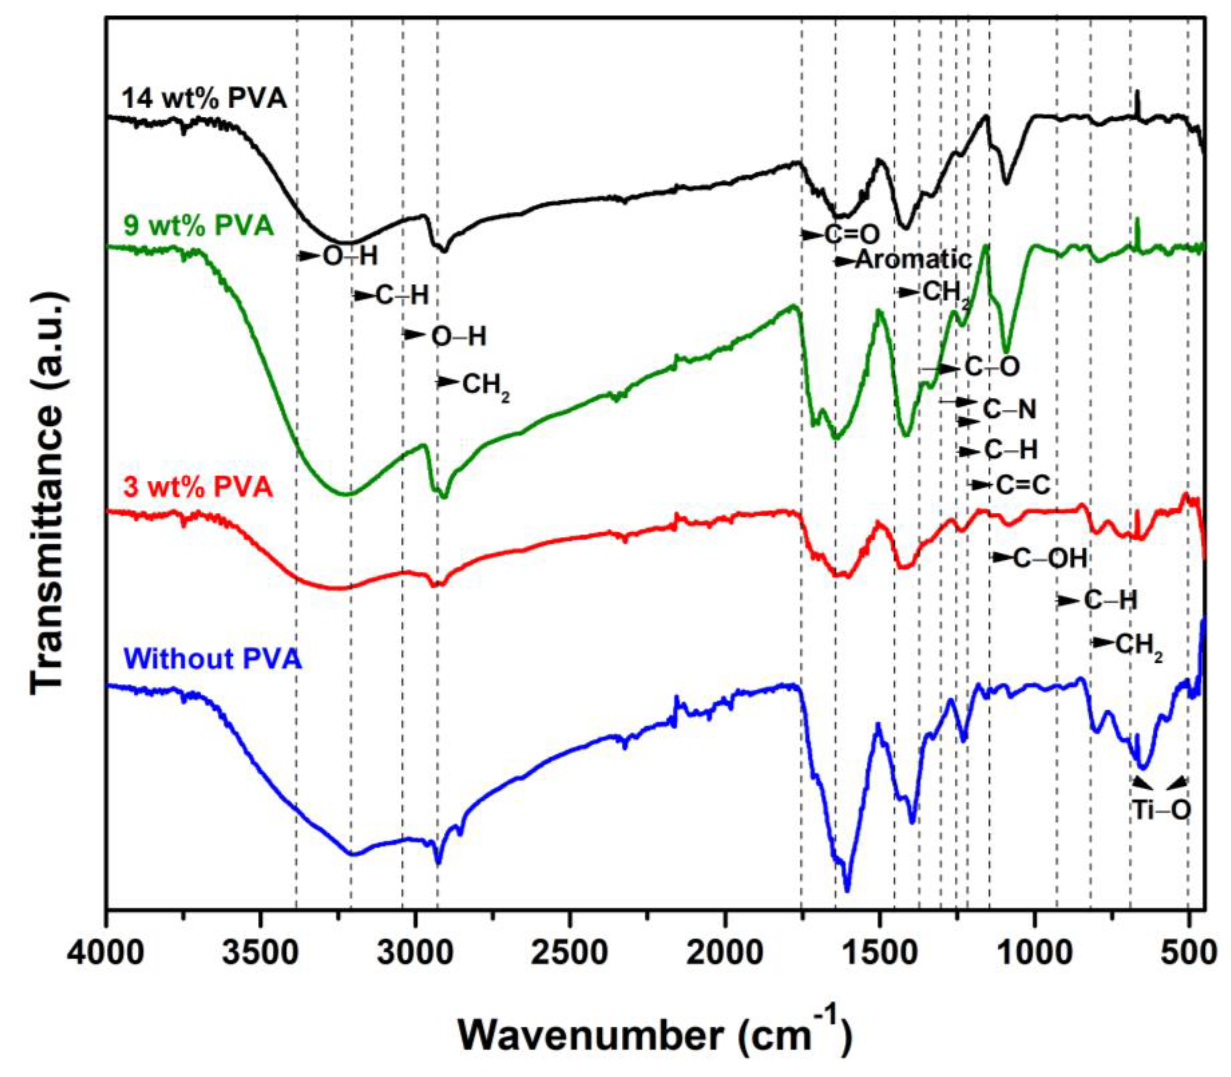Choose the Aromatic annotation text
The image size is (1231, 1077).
pyautogui.click(x=913, y=260)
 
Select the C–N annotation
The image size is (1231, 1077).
pyautogui.click(x=1009, y=410)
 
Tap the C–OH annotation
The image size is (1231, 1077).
pyautogui.click(x=1050, y=559)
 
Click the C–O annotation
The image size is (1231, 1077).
pyautogui.click(x=992, y=367)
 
